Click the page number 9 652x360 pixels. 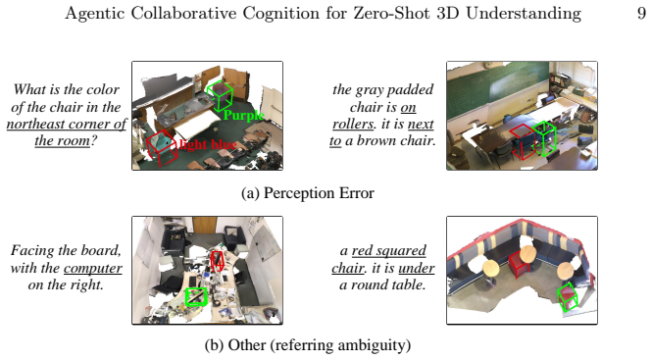pos(641,13)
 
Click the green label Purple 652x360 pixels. pos(244,116)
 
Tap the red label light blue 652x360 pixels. pos(208,144)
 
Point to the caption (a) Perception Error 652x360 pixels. pos(308,193)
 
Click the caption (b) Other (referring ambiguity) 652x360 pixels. pos(308,345)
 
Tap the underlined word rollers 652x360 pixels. pos(353,124)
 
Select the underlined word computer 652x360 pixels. pos(93,269)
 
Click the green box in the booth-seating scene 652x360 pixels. pos(567,297)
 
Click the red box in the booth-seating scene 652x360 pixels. pos(519,265)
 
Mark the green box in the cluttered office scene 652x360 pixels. pos(196,297)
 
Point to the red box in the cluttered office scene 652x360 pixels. pos(217,261)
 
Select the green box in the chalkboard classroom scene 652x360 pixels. pos(544,138)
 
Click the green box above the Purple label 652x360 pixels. pos(220,96)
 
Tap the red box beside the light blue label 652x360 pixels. pos(162,148)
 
